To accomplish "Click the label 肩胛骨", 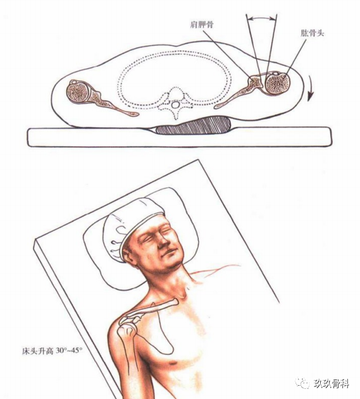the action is coord(202,25).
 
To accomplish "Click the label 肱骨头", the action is coord(312,34).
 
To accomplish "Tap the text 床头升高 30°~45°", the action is coord(53,351).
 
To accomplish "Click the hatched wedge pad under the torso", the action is coord(194,125).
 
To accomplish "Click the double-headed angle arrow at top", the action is coord(261,18).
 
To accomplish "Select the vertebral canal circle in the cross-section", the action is coord(175,105).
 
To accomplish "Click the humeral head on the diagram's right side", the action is coord(278,83).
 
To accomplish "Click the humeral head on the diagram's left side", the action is coord(77,92).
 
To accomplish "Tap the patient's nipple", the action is coord(174,362).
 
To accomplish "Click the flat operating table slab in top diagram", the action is coord(180,137).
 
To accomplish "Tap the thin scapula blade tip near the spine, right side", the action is coord(216,107).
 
